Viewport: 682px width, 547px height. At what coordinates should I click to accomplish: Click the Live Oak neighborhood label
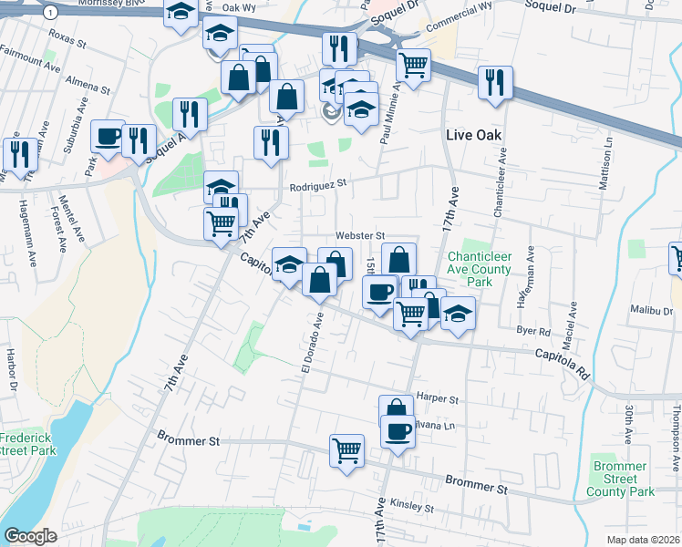475,135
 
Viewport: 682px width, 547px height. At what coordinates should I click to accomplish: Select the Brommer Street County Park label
619,479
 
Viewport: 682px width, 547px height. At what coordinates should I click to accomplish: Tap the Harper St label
436,397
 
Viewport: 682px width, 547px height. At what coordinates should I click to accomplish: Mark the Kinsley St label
411,505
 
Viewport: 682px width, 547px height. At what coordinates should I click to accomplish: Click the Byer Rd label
533,331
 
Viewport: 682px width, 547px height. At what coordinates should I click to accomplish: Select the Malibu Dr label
651,310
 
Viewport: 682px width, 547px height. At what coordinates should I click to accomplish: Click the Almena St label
88,84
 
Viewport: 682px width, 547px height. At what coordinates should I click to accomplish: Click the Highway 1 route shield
51,12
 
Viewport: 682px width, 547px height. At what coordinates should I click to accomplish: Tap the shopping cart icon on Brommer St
347,449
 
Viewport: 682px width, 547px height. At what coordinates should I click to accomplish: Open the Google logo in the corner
30,536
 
